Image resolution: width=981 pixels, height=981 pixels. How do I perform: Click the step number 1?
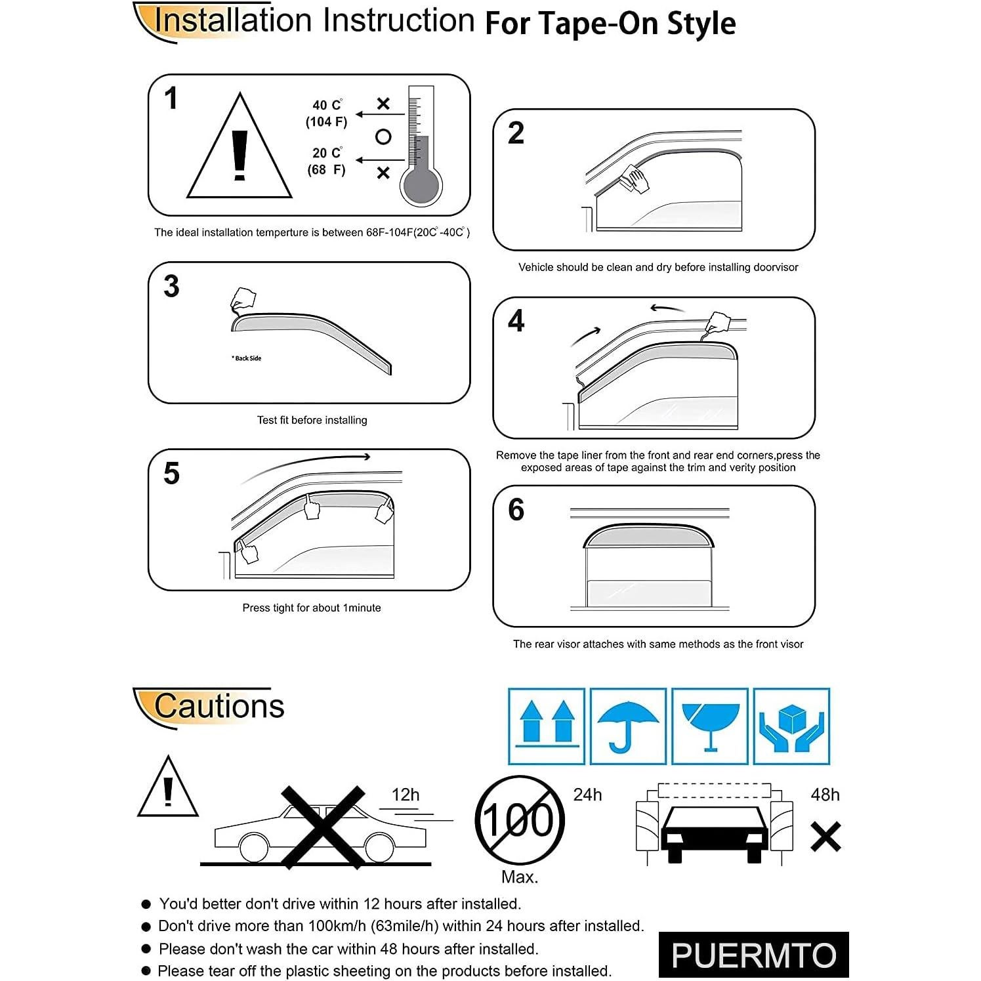click(x=171, y=99)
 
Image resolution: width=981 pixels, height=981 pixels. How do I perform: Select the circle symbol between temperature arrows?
click(x=383, y=136)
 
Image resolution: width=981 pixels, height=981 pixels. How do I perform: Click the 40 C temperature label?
click(x=326, y=106)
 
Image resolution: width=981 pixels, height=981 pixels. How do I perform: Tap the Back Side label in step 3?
click(x=247, y=358)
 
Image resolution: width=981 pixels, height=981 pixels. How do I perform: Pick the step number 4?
click(x=516, y=321)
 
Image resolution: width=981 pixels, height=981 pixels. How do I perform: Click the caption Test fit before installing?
click(x=312, y=420)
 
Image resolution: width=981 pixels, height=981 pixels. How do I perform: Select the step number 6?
click(x=516, y=510)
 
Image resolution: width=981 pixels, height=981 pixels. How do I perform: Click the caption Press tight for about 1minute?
click(x=312, y=608)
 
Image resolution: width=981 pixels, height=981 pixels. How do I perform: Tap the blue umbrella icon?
click(x=628, y=726)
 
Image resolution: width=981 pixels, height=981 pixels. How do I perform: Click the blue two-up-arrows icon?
click(x=547, y=726)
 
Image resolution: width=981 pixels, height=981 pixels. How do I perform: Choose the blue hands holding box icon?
click(x=791, y=726)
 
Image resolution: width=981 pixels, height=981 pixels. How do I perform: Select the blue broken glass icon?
click(x=710, y=726)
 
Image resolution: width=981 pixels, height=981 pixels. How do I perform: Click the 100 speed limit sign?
click(x=519, y=820)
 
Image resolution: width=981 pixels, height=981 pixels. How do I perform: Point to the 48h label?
click(x=825, y=795)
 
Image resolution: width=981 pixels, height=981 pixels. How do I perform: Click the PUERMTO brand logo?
click(x=753, y=955)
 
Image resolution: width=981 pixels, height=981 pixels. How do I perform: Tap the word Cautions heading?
click(x=219, y=706)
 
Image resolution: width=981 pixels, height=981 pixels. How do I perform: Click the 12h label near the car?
click(x=406, y=795)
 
